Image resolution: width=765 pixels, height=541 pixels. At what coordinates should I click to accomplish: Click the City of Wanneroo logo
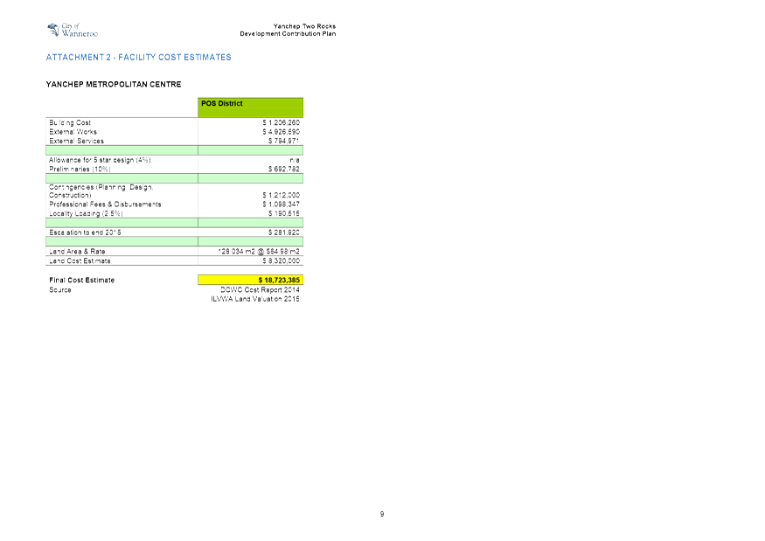tap(72, 31)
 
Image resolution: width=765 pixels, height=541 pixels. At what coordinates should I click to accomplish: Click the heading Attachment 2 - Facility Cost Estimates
tap(138, 58)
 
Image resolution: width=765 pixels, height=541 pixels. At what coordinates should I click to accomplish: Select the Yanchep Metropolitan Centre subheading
tap(113, 85)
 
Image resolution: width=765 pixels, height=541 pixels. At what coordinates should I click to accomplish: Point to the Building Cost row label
tap(70, 122)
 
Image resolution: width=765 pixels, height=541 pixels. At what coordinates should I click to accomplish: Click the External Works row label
tap(73, 131)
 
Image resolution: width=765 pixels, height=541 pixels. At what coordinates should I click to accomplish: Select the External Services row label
tap(77, 141)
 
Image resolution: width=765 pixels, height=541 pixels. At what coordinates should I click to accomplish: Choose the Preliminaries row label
tap(80, 169)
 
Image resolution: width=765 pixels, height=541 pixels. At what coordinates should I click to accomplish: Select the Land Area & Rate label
tap(77, 252)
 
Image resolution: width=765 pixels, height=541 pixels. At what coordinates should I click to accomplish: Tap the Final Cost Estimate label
tap(82, 281)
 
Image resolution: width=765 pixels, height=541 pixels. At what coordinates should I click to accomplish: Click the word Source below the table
tap(60, 289)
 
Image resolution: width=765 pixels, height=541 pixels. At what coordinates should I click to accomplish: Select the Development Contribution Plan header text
tap(288, 34)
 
